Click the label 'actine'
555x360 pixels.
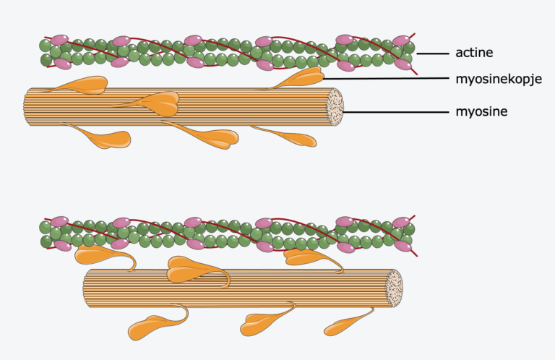coord(473,53)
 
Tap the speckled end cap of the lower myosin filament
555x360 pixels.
coord(394,287)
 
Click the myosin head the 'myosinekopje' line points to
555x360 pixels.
coord(304,78)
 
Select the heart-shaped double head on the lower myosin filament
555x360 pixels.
coord(189,269)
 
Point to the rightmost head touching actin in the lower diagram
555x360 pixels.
coord(307,256)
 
